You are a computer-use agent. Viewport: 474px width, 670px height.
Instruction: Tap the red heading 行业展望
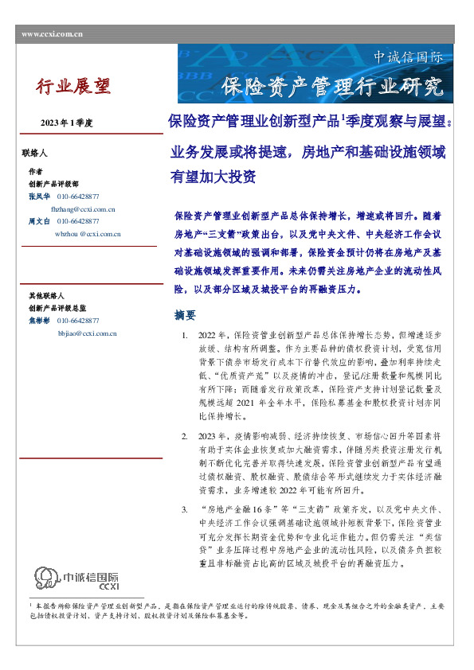74,86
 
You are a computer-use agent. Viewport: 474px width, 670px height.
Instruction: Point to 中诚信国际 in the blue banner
408,57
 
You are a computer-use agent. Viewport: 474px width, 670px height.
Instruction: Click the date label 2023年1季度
67,123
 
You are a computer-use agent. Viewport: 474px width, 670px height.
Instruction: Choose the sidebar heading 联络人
35,151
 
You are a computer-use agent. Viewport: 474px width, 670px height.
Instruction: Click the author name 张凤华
39,196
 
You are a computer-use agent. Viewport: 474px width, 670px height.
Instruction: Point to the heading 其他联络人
45,296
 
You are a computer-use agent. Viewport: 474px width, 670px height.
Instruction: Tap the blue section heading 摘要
185,315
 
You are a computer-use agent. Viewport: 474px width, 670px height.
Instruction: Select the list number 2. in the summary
185,436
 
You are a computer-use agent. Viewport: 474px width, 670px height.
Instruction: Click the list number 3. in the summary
185,508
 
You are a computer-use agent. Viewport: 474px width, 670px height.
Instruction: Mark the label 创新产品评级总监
57,308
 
